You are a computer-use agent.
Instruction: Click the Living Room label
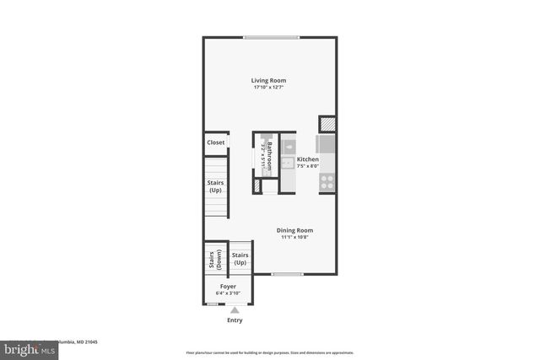pos(268,80)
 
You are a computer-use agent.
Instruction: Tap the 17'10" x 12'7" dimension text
pos(268,88)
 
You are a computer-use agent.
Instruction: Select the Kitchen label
pos(307,159)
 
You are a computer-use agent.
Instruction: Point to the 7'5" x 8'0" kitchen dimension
pos(307,167)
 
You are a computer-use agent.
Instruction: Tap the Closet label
pos(216,142)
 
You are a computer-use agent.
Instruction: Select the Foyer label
pos(228,287)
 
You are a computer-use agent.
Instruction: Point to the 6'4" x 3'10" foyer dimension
pos(228,293)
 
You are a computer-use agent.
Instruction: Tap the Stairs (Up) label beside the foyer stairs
pos(240,258)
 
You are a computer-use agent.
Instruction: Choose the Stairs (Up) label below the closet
pos(216,186)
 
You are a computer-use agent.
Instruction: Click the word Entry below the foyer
pos(235,320)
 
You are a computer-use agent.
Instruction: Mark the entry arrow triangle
pos(235,310)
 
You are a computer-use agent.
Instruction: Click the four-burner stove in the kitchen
pos(327,180)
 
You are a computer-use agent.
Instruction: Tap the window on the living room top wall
pos(270,37)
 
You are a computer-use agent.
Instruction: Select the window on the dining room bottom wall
pos(287,274)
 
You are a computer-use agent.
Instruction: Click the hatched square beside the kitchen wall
pos(327,123)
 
